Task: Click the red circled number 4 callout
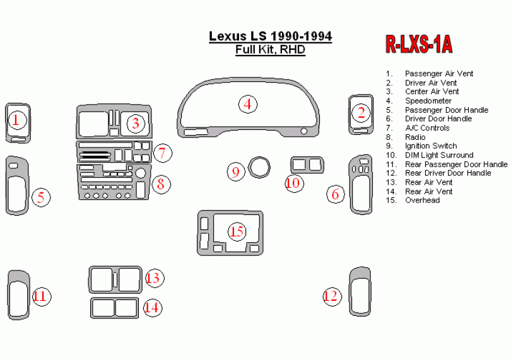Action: [x=248, y=104]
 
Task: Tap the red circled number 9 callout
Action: [x=236, y=171]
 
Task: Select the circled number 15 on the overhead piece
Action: [x=237, y=232]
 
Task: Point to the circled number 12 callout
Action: [x=332, y=296]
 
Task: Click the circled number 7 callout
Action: [x=162, y=153]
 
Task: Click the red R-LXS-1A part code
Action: [x=419, y=44]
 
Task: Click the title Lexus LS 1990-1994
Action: [x=270, y=37]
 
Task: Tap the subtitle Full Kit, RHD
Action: [x=270, y=50]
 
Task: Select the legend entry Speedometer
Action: [x=428, y=101]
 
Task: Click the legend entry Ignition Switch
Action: [x=432, y=146]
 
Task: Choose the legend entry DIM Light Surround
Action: [x=438, y=155]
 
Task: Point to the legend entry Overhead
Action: [x=422, y=200]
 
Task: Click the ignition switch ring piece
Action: [x=258, y=166]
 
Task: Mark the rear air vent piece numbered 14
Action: [x=115, y=308]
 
